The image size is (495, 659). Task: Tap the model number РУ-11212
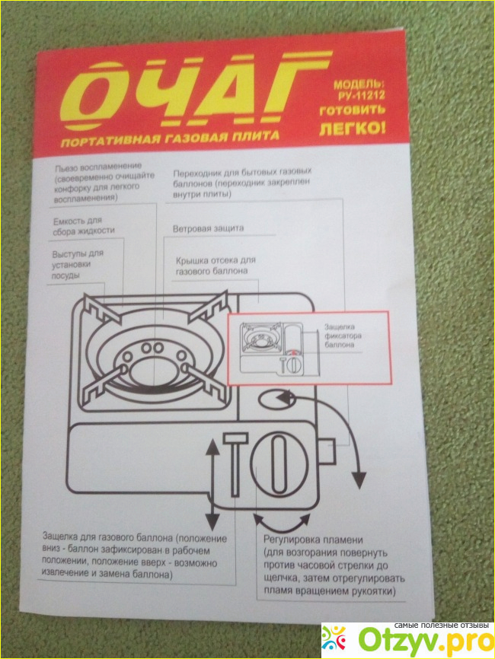361,95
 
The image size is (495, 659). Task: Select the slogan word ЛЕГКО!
352,127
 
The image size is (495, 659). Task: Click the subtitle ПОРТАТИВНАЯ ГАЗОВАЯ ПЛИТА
170,138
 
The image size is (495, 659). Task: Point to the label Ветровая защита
208,228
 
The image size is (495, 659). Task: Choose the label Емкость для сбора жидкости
83,226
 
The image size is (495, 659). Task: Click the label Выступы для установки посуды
78,264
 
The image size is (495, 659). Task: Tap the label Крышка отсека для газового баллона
216,265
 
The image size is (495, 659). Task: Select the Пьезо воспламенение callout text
104,182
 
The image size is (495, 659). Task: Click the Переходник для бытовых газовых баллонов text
242,183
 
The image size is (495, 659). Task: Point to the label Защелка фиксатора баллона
343,336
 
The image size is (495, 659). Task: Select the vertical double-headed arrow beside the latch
213,488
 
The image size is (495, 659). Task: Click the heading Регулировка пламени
313,540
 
